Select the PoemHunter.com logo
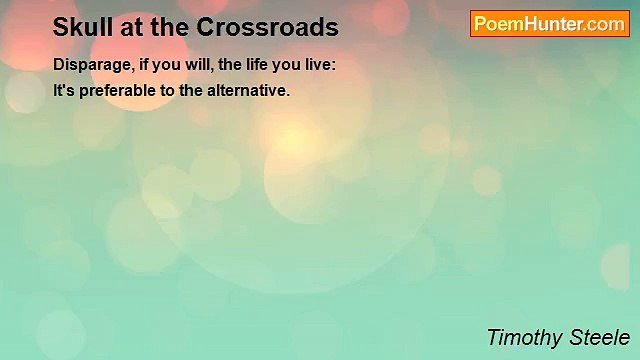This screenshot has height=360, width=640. coord(549,24)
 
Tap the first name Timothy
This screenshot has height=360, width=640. coord(523,337)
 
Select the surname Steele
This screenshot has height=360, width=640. coord(601,337)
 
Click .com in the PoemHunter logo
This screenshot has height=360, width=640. coord(605,24)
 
